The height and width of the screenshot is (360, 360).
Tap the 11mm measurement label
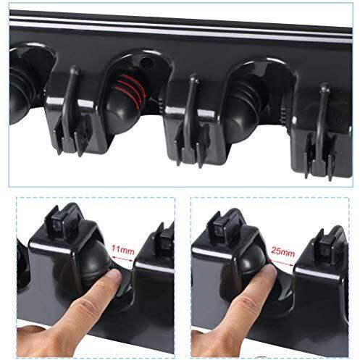click(x=122, y=250)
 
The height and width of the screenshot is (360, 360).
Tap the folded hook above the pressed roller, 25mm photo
click(x=220, y=223)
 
